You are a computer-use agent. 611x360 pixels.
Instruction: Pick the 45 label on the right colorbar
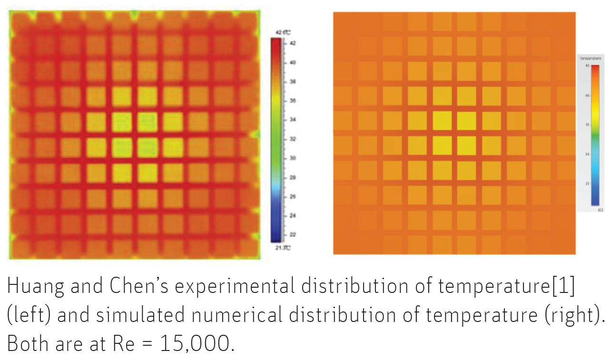point(587,66)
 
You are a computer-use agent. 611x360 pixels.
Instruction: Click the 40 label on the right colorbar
point(587,95)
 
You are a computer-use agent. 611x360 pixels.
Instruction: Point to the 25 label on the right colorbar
point(587,183)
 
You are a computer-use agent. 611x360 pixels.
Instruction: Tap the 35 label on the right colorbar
point(587,125)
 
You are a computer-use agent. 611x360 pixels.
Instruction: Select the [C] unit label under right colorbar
point(600,210)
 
